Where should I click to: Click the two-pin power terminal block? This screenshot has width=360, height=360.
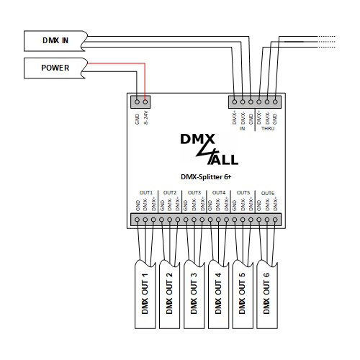[141, 102]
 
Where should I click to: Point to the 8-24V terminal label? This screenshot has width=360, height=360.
[146, 117]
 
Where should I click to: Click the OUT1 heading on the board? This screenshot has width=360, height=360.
[145, 192]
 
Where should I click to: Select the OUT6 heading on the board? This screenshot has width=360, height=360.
[268, 193]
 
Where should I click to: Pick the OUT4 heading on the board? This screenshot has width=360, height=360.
[219, 192]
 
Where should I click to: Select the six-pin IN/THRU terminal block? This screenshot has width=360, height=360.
[255, 102]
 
